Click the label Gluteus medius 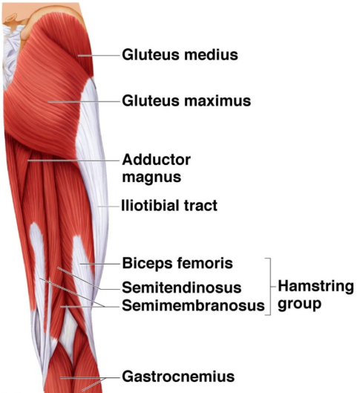(180, 55)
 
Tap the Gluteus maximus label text (186, 101)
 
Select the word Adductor (157, 160)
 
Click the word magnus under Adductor (151, 178)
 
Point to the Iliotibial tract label (169, 206)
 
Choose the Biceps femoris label (177, 264)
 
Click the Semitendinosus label (182, 288)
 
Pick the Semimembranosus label (193, 305)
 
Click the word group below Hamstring (299, 305)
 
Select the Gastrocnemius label (178, 377)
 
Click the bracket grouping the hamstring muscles (270, 286)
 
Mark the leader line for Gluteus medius (99, 56)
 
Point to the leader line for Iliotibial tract (108, 207)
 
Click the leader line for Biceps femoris (100, 264)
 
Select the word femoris (205, 264)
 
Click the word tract (200, 206)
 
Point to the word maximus (217, 101)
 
